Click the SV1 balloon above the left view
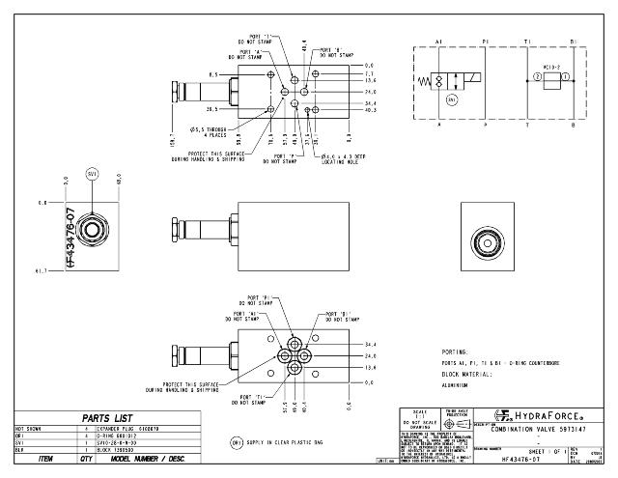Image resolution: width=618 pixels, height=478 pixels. click(x=93, y=174)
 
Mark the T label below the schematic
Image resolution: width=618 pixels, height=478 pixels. click(x=526, y=124)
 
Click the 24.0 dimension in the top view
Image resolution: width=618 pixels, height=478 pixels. click(x=370, y=93)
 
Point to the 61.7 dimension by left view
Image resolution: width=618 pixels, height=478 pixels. click(x=42, y=272)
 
